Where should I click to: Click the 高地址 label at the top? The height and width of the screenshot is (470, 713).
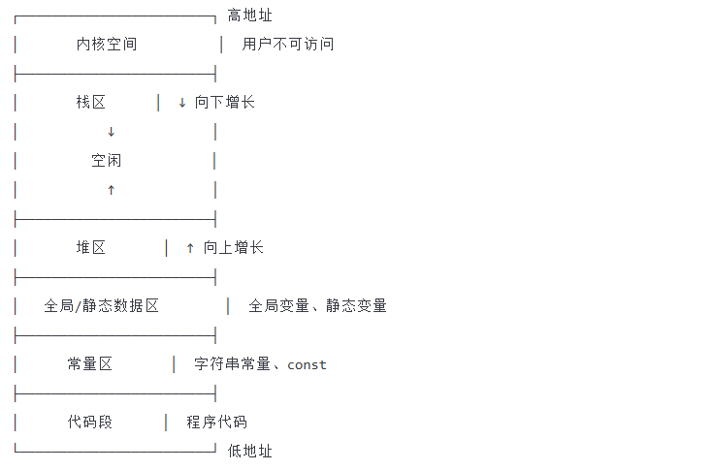click(x=249, y=16)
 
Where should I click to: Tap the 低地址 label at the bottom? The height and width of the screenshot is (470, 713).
click(x=249, y=452)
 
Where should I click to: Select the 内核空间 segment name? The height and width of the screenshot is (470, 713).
click(x=107, y=45)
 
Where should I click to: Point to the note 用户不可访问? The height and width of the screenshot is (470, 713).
click(x=288, y=45)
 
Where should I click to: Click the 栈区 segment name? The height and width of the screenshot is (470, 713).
click(x=91, y=103)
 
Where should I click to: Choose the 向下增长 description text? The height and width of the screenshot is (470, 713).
click(x=225, y=103)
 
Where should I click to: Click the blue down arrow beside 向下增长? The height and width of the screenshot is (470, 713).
click(x=182, y=103)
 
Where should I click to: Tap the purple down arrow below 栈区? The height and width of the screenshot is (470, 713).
click(x=111, y=132)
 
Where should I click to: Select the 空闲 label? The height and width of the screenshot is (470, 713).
click(x=107, y=161)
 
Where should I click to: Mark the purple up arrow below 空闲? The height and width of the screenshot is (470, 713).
click(x=111, y=190)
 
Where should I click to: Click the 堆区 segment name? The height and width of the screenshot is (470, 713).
click(x=91, y=248)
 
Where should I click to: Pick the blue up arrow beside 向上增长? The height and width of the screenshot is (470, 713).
click(x=190, y=248)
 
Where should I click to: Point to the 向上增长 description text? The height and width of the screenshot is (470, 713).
click(x=233, y=248)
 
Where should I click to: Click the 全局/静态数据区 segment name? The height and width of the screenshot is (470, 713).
click(x=102, y=306)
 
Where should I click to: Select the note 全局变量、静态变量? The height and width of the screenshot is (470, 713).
click(x=317, y=306)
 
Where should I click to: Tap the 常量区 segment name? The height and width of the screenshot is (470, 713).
click(x=90, y=364)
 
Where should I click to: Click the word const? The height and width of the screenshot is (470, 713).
click(x=307, y=365)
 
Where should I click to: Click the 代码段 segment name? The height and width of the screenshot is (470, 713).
click(x=90, y=423)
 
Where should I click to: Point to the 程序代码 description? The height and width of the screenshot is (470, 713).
click(x=217, y=423)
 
